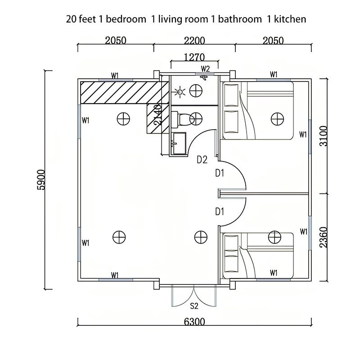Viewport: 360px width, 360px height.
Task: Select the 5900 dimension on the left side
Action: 41,180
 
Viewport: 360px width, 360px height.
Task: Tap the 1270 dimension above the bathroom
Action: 194,57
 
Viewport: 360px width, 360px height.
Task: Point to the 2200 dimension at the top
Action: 194,40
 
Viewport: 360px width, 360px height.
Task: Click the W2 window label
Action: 205,69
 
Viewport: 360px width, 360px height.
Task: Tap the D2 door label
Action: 202,159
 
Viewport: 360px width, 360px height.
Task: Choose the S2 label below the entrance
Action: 194,306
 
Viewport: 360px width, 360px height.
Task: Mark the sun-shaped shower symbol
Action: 180,93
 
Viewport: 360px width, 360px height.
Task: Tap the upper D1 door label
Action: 220,173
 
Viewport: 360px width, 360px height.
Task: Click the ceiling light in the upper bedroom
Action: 276,119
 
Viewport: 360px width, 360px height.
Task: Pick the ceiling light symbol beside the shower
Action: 196,90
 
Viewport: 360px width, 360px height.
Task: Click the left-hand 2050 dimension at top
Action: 116,40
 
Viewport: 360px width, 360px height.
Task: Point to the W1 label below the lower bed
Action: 274,273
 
